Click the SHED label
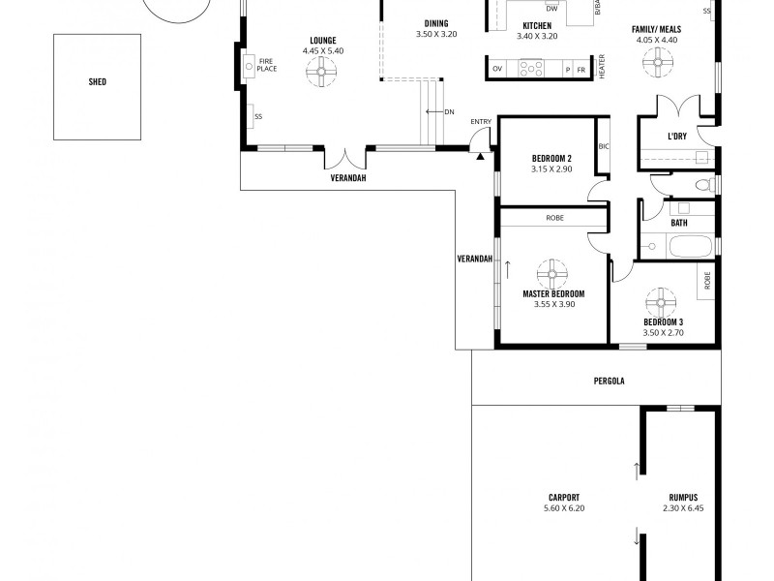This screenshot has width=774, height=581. (97, 82)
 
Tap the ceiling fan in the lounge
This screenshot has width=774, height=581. (318, 70)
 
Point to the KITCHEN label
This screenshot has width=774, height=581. (537, 25)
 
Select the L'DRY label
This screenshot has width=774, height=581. (677, 137)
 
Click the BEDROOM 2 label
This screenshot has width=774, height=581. (551, 159)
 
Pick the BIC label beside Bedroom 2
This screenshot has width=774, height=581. (604, 146)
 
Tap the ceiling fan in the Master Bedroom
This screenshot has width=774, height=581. (553, 271)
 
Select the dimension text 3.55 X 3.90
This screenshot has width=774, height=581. (553, 303)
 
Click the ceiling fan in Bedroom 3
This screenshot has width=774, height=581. (663, 299)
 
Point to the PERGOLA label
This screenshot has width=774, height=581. (610, 381)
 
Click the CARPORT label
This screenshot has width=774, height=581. (563, 498)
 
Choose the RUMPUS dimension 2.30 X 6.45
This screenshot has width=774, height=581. (682, 507)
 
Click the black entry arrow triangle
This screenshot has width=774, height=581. (480, 154)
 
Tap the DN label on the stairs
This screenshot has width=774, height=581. (450, 112)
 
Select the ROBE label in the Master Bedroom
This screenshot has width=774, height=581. (554, 218)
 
